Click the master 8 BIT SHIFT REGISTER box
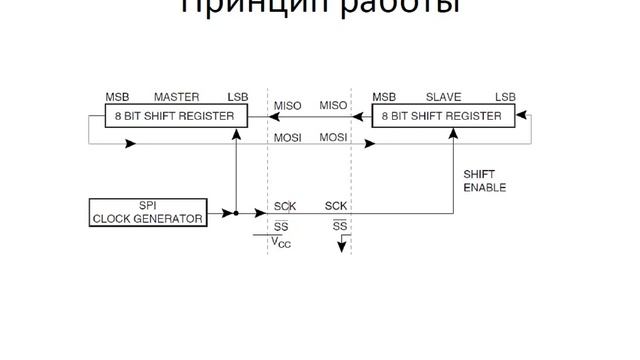[176, 116]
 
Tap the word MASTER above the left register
[176, 97]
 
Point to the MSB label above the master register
[117, 97]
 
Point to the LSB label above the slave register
[505, 97]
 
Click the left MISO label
[287, 105]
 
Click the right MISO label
[333, 105]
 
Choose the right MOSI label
[333, 137]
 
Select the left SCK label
[284, 207]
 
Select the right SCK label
[336, 207]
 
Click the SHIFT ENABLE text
[485, 181]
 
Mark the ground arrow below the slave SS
[341, 246]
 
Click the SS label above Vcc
[282, 226]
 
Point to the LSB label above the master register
[237, 97]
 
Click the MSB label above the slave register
[384, 97]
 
